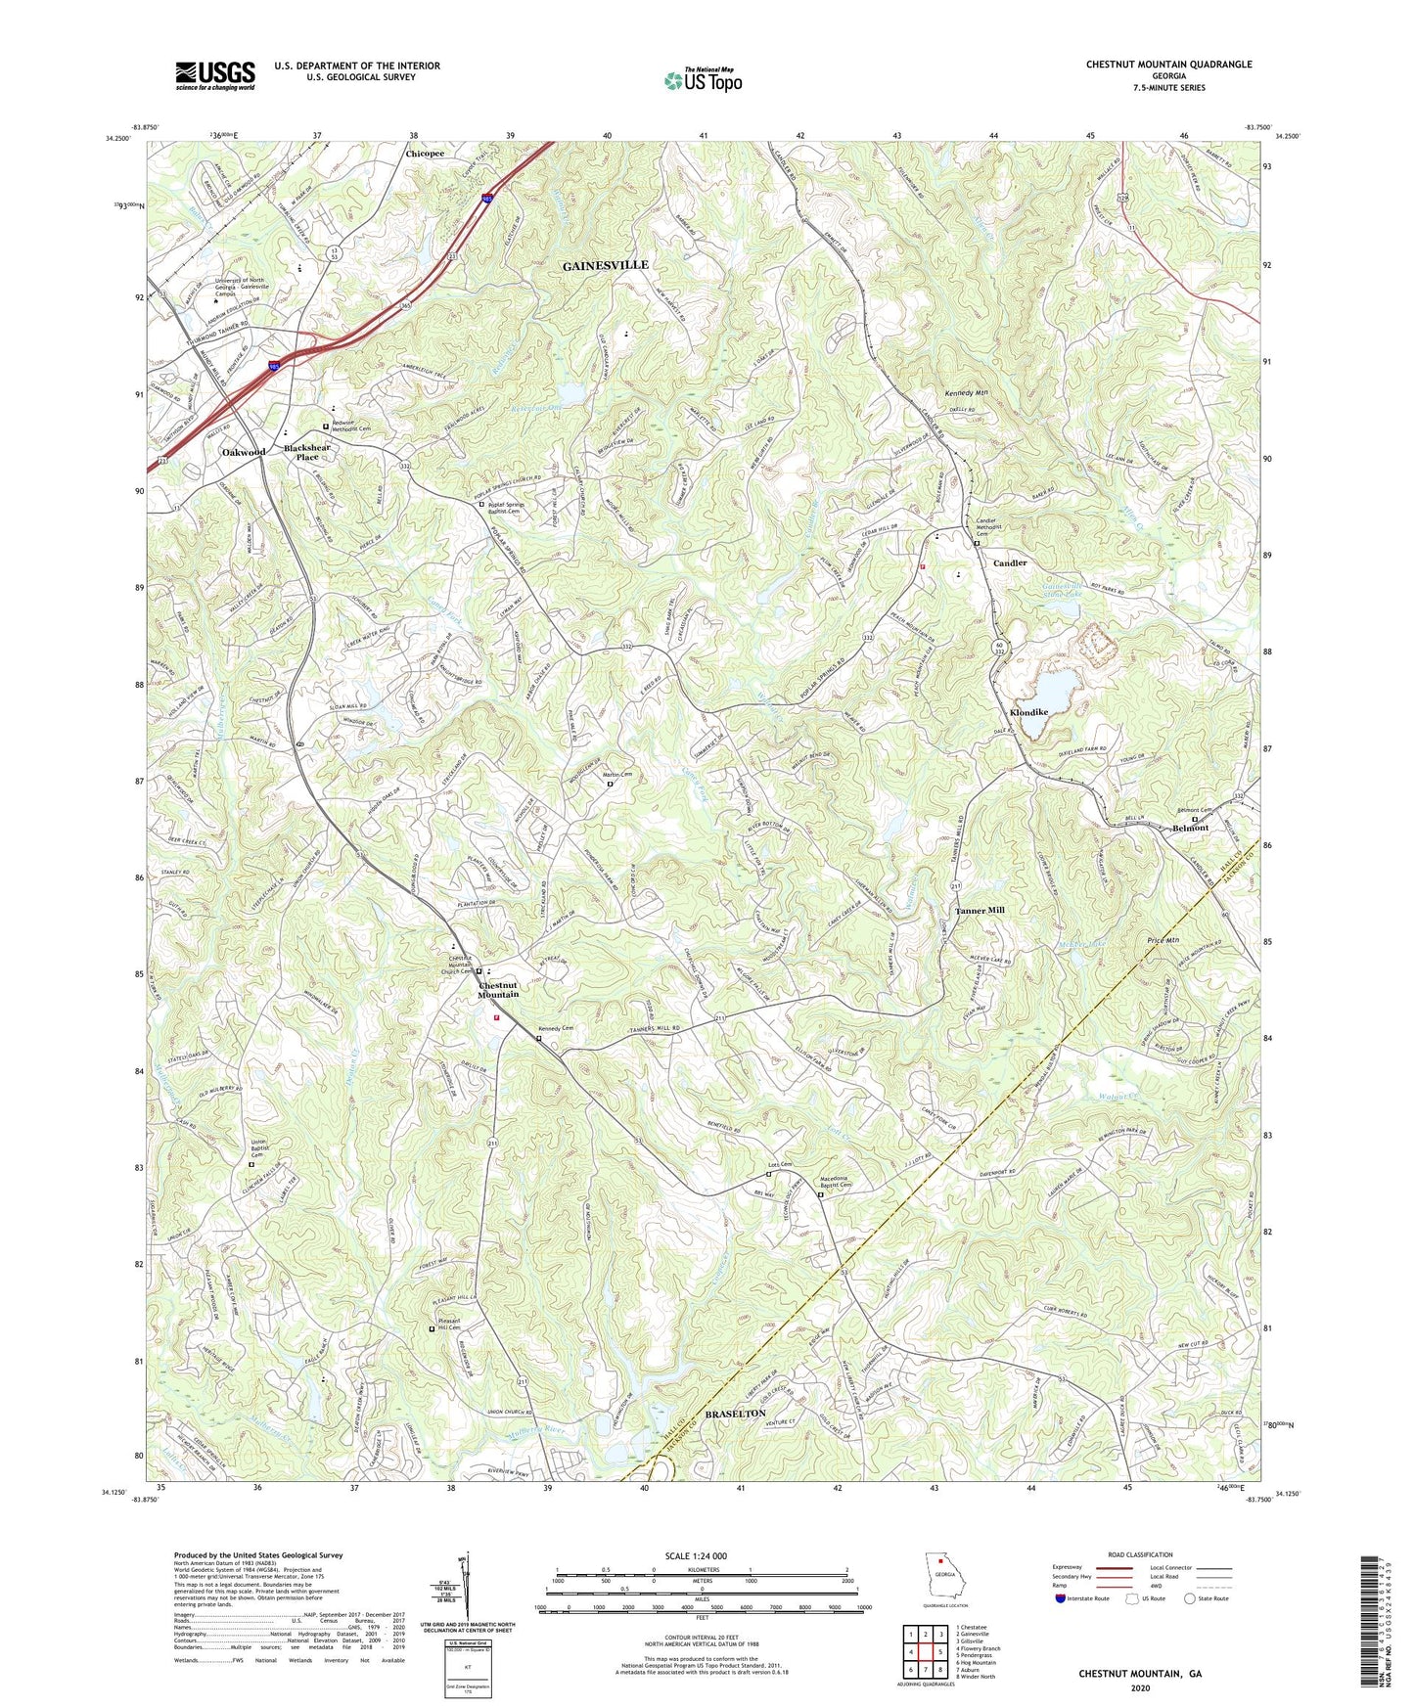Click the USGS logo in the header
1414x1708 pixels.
point(215,74)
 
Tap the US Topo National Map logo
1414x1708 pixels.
point(702,80)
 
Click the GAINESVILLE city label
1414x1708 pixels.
point(605,265)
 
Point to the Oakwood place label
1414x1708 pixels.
point(243,452)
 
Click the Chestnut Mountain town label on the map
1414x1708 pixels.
point(498,989)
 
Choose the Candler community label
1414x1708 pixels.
point(1010,563)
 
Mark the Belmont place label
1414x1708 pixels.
point(1190,828)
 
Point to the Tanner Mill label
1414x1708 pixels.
point(980,910)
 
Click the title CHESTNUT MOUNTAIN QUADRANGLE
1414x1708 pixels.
point(1168,65)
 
